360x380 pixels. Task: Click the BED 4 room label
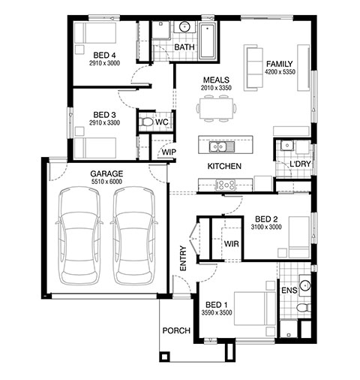(x=104, y=55)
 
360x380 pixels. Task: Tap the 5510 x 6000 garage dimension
(x=106, y=182)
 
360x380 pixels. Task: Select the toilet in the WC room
(x=145, y=122)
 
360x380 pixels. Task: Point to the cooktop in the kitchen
(x=226, y=185)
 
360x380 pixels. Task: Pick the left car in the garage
(x=79, y=235)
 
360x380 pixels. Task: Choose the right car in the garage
(x=134, y=235)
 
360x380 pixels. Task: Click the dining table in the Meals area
(x=217, y=108)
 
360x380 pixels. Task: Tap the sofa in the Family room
(x=253, y=68)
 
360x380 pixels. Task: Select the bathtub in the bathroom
(x=208, y=41)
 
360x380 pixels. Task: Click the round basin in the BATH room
(x=184, y=26)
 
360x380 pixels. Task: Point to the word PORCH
(x=176, y=330)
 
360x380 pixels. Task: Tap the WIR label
(x=231, y=243)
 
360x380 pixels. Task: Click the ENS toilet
(x=304, y=307)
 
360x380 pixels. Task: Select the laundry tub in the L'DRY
(x=286, y=145)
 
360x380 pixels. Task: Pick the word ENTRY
(x=183, y=258)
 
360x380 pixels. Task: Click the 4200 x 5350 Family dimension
(x=280, y=72)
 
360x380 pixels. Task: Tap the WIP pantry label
(x=169, y=152)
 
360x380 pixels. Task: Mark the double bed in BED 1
(x=255, y=309)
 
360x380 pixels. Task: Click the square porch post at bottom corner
(x=164, y=357)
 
